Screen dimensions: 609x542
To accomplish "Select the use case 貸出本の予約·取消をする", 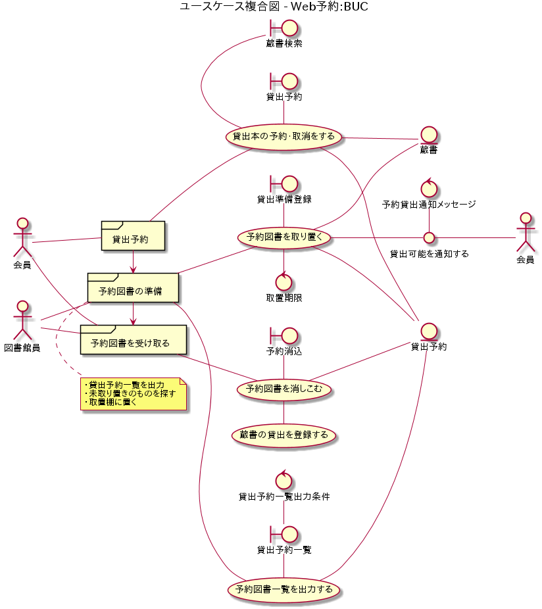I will (x=284, y=137).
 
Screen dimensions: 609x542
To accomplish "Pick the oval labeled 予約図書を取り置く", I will (x=284, y=237).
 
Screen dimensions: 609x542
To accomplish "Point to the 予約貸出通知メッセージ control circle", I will (x=429, y=189).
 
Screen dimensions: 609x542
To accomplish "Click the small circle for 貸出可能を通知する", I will (x=429, y=237).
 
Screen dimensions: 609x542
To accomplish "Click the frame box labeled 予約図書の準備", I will (x=133, y=287).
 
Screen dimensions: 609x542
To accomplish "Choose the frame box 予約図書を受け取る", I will (x=133, y=339).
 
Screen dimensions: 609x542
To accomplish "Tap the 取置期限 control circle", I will (x=284, y=281).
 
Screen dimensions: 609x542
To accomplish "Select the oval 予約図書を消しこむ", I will (x=284, y=389).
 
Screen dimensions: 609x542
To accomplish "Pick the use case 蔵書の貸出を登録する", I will (x=284, y=435).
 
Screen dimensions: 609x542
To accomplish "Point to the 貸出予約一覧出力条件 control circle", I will (x=284, y=481).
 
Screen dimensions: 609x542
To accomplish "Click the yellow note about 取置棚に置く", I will (x=133, y=393).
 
